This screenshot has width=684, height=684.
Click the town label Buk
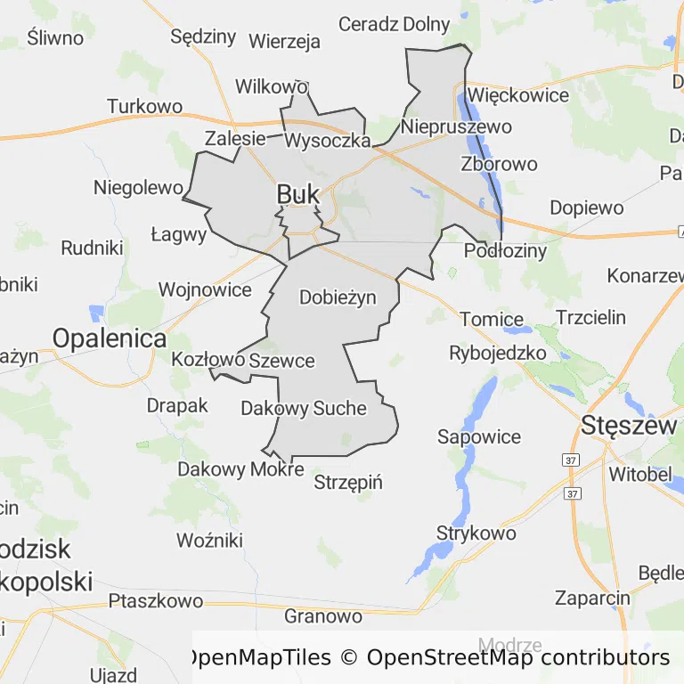coord(297,194)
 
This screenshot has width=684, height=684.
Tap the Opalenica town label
coord(110,338)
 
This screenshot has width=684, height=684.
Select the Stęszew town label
coord(629,426)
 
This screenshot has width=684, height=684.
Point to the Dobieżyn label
coord(338,297)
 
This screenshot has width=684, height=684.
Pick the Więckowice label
coord(517,94)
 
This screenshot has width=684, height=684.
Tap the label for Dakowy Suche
coord(304,408)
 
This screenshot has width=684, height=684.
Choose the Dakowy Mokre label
coord(240,469)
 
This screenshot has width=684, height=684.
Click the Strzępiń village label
coord(348,483)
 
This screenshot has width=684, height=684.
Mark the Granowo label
coord(323,615)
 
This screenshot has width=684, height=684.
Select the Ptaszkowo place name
coord(156,601)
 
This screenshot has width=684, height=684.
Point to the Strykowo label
coord(476,533)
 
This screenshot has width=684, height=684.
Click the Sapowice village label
coord(479,436)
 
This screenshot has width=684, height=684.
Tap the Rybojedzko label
coord(498,352)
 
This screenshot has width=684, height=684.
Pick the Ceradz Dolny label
coord(394,24)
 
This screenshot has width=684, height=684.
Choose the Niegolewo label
coord(139,188)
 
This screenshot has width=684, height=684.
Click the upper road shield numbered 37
coord(571,460)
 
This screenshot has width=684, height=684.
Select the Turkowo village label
coord(144,106)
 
